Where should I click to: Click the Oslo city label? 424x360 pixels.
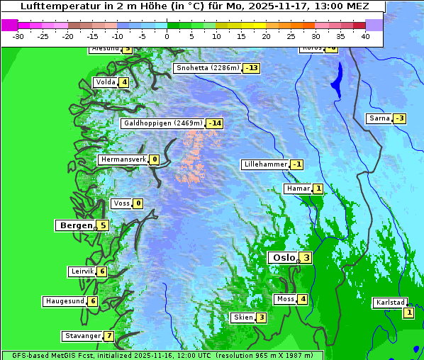pos(283,258)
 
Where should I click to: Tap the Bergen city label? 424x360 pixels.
pos(75,225)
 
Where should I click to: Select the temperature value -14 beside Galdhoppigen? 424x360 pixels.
pos(215,123)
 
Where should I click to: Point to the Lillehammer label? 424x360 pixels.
pos(265,164)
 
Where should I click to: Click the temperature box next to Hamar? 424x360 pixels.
pos(318,189)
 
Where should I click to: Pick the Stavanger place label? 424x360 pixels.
pos(82,336)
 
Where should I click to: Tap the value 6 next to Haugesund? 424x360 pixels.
pos(93,301)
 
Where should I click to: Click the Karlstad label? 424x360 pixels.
pos(391,303)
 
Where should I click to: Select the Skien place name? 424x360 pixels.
pos(242,317)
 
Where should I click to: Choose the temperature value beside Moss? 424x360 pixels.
pos(303,299)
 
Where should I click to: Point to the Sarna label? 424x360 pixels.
pos(379,118)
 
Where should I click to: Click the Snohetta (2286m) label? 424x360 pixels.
pos(207,68)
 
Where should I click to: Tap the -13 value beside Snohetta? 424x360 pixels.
pos(252,68)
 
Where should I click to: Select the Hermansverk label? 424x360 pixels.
pos(123,160)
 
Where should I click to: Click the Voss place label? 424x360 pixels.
pos(121,204)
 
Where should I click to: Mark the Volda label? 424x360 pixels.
pos(106,82)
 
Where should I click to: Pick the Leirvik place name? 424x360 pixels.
pos(82,271)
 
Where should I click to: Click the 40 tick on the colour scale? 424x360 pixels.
pos(365,36)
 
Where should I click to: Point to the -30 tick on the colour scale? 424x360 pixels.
pos(18,36)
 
